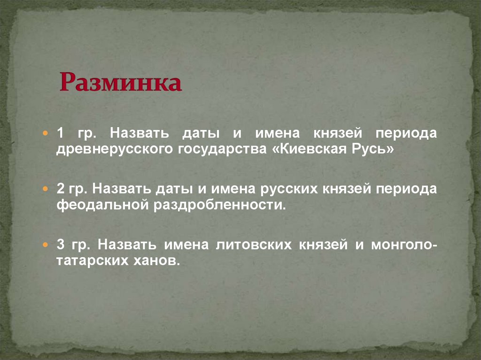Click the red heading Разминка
(120, 82)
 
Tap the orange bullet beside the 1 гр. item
(46, 134)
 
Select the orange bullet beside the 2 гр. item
(46, 189)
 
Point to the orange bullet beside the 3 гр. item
(46, 245)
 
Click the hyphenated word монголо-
(404, 245)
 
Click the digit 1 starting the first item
(60, 133)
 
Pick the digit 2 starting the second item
(60, 189)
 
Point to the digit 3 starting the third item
(60, 245)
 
